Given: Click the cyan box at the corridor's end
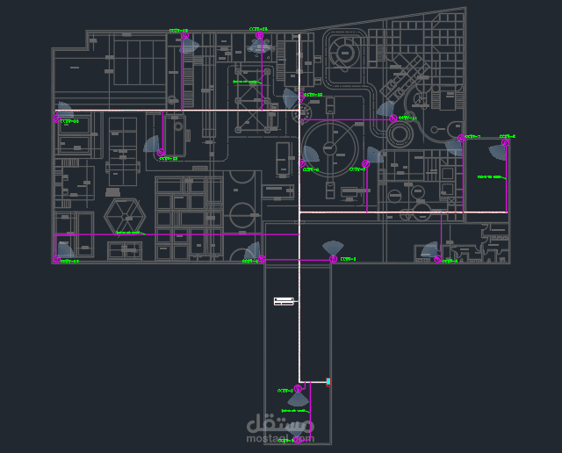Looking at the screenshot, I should [x=328, y=382].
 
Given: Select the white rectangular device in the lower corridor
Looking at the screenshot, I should [x=284, y=302].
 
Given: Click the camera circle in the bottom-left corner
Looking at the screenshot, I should [x=56, y=259].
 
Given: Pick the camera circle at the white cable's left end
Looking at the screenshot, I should [x=56, y=119].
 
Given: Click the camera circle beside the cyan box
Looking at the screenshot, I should [x=299, y=388].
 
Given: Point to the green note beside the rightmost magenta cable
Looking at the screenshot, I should [x=490, y=177].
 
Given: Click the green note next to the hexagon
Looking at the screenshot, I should [x=128, y=233].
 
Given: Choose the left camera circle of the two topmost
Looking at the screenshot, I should [x=184, y=37].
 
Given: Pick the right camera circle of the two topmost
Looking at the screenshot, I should [x=261, y=37].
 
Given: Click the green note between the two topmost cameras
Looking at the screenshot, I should [x=245, y=82].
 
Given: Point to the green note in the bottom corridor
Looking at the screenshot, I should [x=294, y=410].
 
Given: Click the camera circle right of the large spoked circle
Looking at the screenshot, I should [x=366, y=163].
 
